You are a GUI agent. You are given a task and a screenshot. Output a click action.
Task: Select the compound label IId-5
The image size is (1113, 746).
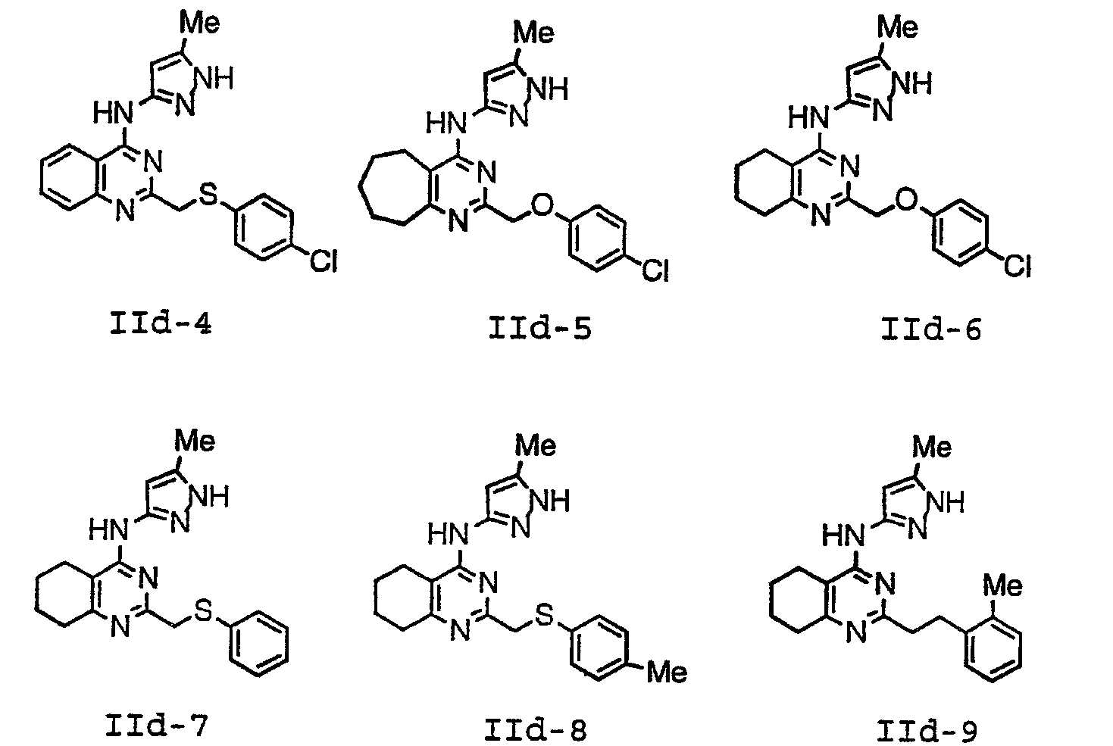(x=540, y=328)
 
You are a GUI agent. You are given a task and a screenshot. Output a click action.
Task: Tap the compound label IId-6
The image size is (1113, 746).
(x=931, y=329)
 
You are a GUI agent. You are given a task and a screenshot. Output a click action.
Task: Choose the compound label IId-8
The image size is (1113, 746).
(x=536, y=730)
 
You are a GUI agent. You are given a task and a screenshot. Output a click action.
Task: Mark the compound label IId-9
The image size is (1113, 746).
(x=927, y=731)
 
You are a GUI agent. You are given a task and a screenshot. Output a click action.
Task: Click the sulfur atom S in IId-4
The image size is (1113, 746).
(x=208, y=194)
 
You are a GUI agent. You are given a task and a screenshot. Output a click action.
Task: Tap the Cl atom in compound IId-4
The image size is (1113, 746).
(x=324, y=261)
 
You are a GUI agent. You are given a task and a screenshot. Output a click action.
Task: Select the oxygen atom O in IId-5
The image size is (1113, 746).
(x=542, y=204)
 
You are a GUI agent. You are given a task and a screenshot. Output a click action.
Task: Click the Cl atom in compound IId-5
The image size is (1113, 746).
(x=655, y=270)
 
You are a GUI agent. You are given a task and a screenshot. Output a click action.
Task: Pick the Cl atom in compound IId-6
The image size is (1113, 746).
(x=1018, y=267)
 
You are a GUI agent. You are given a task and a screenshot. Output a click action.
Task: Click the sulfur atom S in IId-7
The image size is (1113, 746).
(x=203, y=611)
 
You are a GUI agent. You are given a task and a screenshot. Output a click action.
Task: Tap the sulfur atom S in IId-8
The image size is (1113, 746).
(x=543, y=616)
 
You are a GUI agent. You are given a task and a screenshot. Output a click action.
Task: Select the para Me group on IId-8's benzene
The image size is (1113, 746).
(x=667, y=673)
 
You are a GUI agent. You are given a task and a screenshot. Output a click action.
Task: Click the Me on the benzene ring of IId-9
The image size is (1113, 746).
(x=1002, y=585)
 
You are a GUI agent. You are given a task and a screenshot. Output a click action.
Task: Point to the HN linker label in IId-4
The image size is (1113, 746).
(x=114, y=114)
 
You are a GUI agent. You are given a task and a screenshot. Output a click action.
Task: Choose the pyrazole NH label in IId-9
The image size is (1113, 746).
(x=946, y=503)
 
